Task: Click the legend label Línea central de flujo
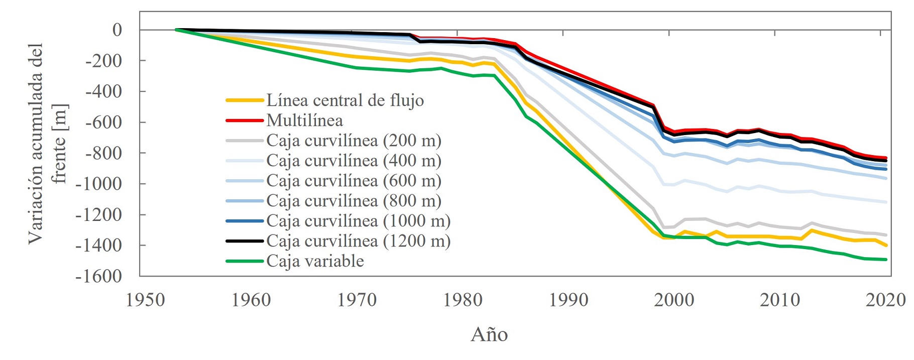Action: tap(345, 100)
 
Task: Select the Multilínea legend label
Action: tap(305, 121)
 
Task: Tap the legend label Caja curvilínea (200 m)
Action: tap(354, 141)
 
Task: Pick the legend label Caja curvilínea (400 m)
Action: tap(354, 161)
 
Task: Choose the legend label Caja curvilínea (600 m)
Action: tap(354, 181)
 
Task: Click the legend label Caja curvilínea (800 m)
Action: tap(354, 201)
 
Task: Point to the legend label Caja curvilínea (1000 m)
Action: tap(358, 221)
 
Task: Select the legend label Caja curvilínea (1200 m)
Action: tap(358, 241)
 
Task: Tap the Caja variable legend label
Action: tap(315, 261)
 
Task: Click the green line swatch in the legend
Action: tap(245, 261)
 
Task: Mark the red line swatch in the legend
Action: tap(245, 121)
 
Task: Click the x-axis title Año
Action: tap(489, 334)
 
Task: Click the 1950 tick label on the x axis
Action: tap(145, 300)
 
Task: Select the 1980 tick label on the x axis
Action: tap(463, 300)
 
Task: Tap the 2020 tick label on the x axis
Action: tap(885, 300)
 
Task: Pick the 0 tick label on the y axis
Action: tap(117, 30)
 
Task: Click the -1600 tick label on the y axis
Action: tap(98, 276)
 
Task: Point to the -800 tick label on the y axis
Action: tap(103, 153)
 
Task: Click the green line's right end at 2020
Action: tap(886, 260)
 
